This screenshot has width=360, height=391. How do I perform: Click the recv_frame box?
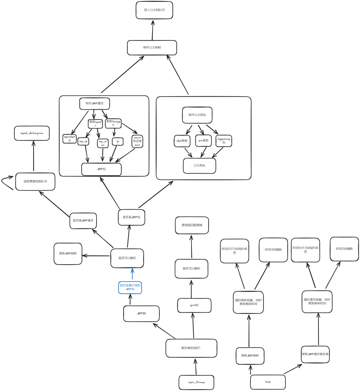(196, 382)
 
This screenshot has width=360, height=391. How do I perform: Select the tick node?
(268, 381)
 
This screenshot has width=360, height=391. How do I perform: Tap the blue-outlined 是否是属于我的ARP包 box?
(130, 288)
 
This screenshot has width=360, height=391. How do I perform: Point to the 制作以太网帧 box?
(152, 48)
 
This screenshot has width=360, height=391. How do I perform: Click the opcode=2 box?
(69, 138)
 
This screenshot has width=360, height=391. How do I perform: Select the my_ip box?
(83, 142)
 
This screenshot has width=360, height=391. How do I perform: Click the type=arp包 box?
(224, 141)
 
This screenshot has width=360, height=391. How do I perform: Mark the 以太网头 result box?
(199, 165)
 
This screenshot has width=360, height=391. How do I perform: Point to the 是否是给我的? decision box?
(191, 348)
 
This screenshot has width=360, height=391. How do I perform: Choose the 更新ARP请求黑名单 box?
(315, 354)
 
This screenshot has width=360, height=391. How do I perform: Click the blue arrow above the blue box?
(132, 275)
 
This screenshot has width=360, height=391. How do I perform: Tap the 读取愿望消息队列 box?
(35, 181)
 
